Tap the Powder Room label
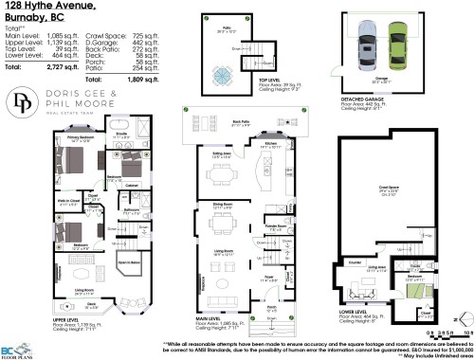pos(277,226)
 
